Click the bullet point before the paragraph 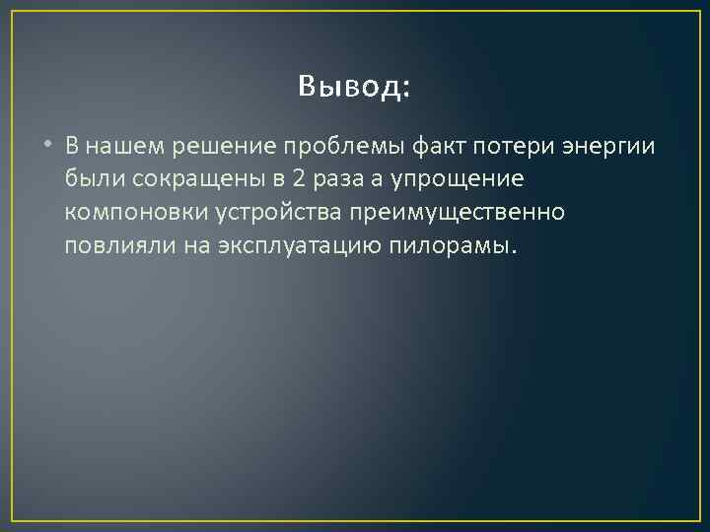click(48, 147)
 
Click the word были click(91, 179)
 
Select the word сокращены click(178, 179)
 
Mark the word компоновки click(123, 212)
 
